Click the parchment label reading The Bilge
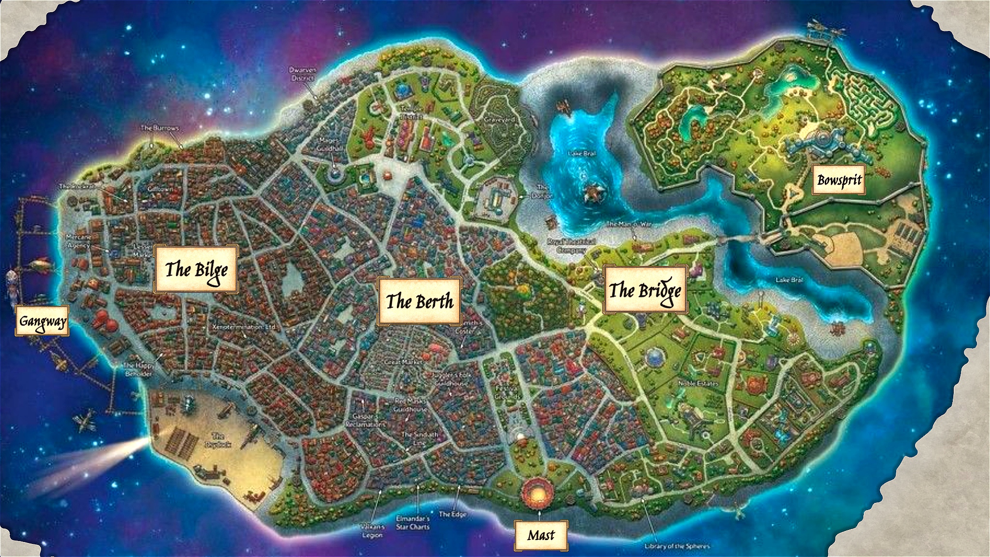coord(196,269)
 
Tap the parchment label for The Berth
coord(419,301)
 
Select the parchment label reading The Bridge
coord(645,290)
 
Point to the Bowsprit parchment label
coord(839,180)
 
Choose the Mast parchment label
coord(540,535)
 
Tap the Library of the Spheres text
coord(676,546)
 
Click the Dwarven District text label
coord(303,74)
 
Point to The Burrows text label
coord(160,128)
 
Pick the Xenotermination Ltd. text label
coord(244,327)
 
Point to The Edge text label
coord(452,514)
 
